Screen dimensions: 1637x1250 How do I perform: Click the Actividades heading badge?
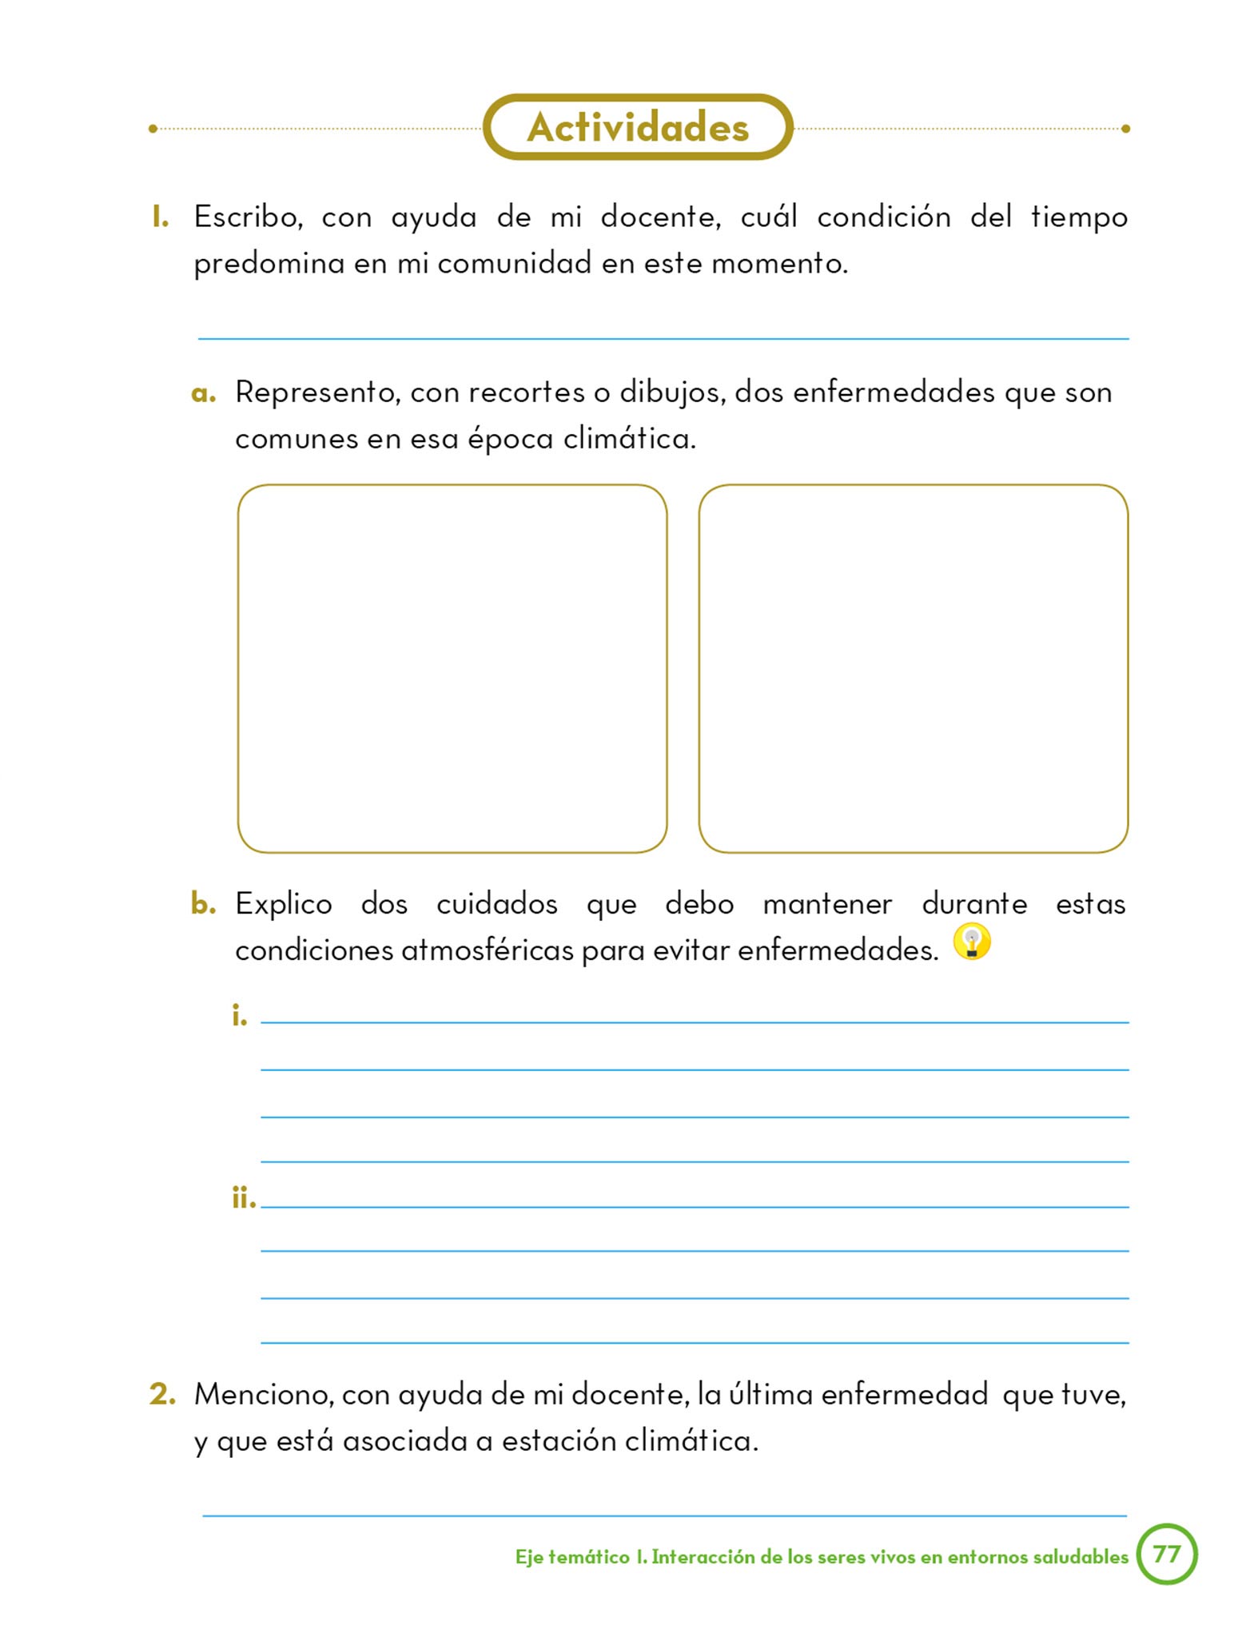point(638,128)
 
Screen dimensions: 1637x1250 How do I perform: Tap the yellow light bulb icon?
point(972,942)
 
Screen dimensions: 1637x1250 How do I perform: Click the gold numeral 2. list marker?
point(162,1394)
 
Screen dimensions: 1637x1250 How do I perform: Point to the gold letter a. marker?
point(204,393)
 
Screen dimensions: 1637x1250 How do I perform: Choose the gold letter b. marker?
point(204,903)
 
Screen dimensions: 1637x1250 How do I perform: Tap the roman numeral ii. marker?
point(243,1198)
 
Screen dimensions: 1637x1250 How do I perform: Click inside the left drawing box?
point(452,668)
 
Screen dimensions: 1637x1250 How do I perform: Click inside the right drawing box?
point(913,668)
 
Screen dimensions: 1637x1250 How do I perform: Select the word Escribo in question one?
point(248,217)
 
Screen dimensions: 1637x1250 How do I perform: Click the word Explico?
point(284,904)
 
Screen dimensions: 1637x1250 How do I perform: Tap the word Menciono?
point(264,1395)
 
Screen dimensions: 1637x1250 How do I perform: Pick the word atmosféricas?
point(487,950)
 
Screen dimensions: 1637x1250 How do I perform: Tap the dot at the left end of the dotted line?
point(153,129)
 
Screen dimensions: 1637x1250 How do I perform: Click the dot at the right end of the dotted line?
point(1125,129)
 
